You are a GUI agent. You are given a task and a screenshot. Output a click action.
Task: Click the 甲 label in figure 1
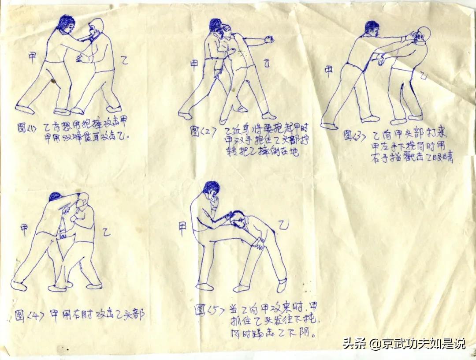click(x=32, y=56)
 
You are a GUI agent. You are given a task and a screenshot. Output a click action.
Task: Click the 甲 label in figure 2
click(x=194, y=64)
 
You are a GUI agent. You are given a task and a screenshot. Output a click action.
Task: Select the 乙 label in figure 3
click(x=423, y=76)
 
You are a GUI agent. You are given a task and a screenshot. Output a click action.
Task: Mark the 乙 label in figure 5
click(x=283, y=226)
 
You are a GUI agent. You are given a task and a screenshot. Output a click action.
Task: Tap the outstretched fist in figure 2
click(x=268, y=40)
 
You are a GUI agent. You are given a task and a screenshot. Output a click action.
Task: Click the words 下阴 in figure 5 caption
click(x=300, y=333)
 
